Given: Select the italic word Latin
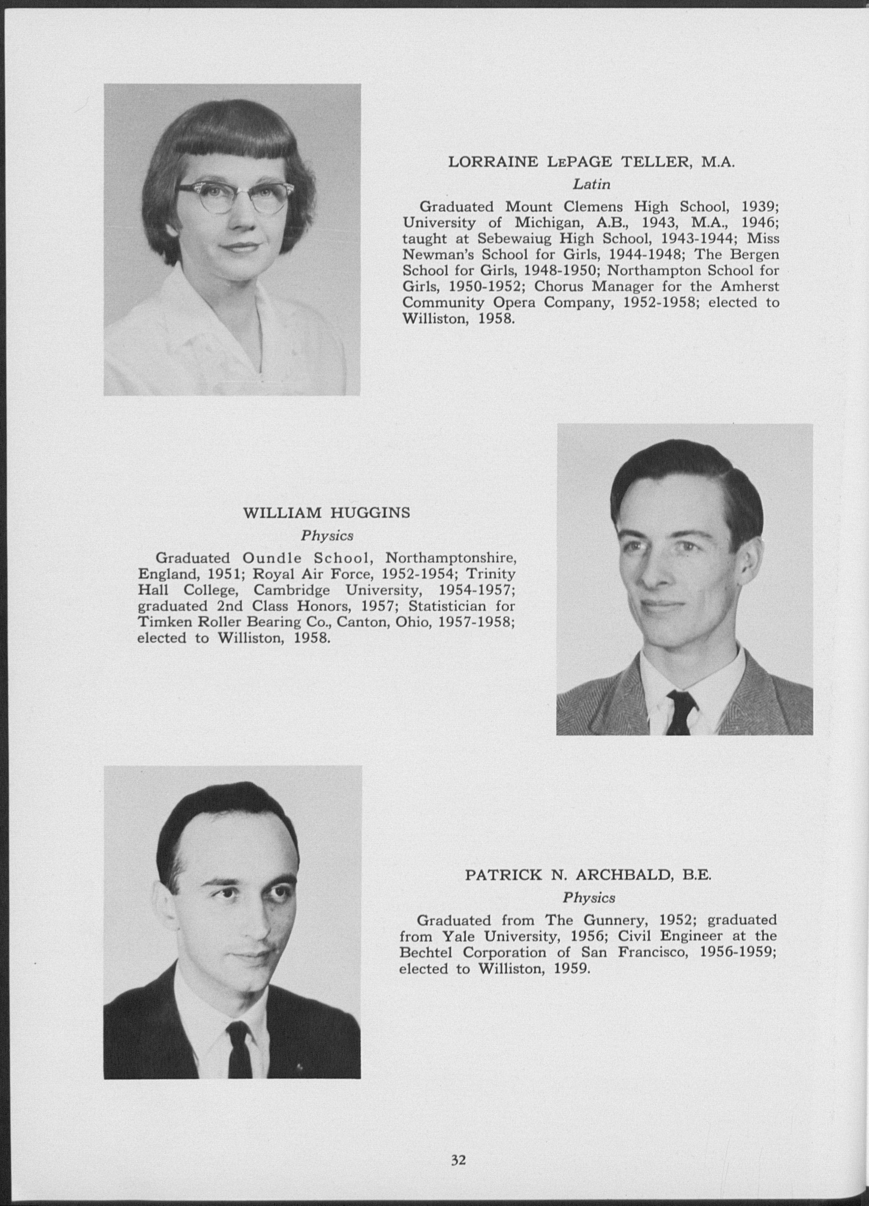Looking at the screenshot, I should coord(591,185).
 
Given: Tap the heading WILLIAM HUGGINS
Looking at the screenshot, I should coord(326,513).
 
